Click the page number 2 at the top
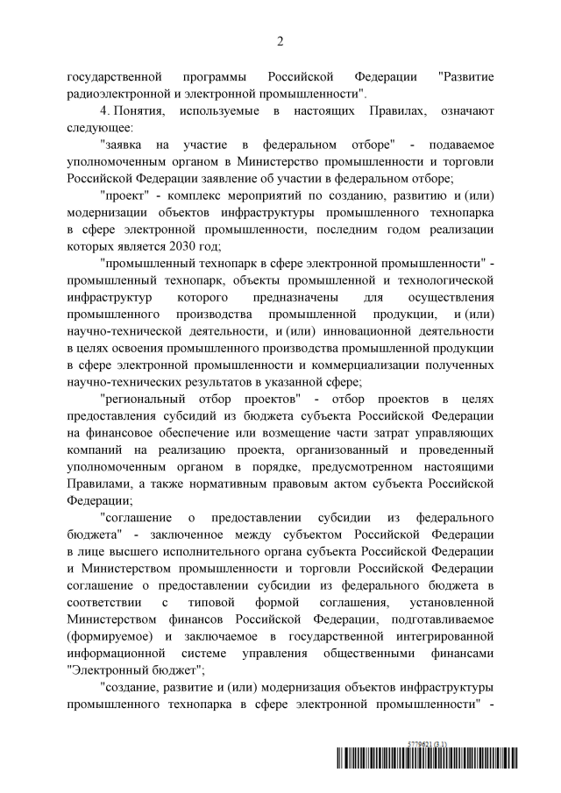tap(280, 41)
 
